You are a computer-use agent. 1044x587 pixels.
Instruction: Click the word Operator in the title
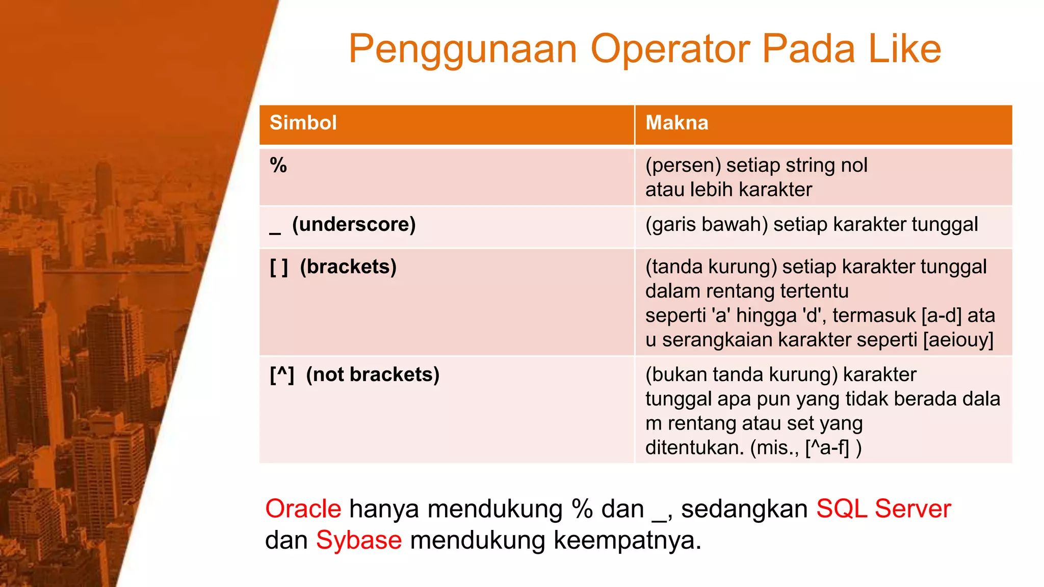[x=670, y=49]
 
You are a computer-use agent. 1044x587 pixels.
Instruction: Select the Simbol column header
[x=303, y=123]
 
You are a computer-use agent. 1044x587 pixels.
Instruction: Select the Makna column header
[x=676, y=123]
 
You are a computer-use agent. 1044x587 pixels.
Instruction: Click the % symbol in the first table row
[x=278, y=166]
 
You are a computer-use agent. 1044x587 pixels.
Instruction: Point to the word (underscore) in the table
[x=354, y=225]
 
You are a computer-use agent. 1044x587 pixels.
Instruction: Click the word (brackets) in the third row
[x=348, y=267]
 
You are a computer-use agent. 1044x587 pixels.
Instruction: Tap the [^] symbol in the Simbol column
[x=282, y=375]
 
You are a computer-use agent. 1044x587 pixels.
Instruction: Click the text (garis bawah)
[x=707, y=225]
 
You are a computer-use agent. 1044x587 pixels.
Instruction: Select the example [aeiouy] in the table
[x=958, y=340]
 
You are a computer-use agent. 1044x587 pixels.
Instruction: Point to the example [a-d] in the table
[x=942, y=315]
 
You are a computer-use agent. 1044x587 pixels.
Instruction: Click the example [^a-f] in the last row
[x=827, y=448]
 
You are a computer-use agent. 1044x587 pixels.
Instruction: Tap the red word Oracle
[x=303, y=509]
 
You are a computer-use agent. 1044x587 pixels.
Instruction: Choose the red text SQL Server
[x=883, y=509]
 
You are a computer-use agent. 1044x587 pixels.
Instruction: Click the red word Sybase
[x=359, y=540]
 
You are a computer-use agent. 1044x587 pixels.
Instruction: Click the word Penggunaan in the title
[x=463, y=49]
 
